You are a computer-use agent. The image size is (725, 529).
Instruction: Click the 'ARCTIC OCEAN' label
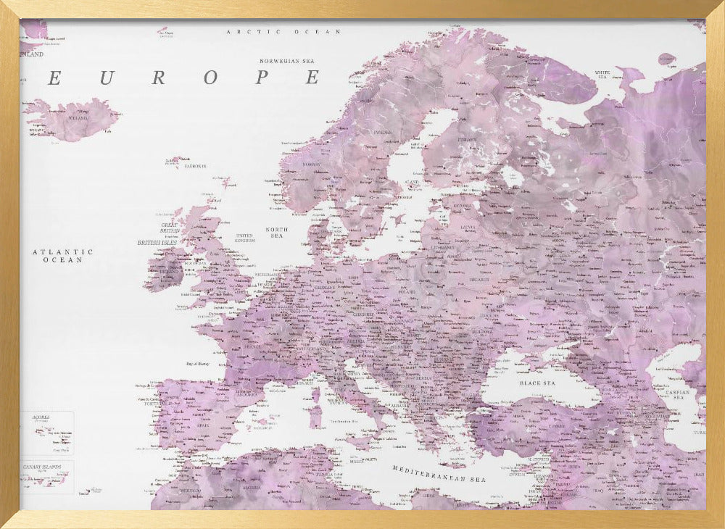pos(283,32)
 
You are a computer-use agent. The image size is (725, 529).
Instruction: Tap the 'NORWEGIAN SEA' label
pos(290,62)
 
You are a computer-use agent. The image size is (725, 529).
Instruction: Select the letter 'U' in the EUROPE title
pos(106,78)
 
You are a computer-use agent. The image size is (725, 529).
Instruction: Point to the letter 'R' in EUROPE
pos(157,78)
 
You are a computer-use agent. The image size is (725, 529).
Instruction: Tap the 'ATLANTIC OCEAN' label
pos(62,255)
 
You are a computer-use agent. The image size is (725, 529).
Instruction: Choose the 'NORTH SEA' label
pos(276,233)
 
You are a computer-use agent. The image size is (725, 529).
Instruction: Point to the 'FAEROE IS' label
pos(194,166)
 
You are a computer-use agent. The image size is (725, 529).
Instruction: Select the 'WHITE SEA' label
pos(602,74)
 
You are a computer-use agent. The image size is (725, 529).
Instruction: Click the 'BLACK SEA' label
pos(537,383)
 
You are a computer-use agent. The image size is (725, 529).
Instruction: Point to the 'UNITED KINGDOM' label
pos(245,238)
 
